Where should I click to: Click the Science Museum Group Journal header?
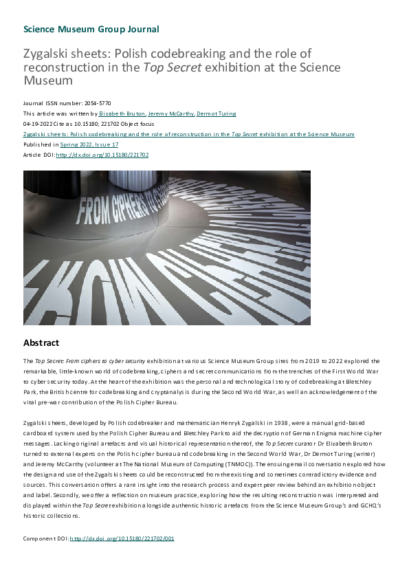click(91, 29)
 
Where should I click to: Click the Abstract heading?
click(41, 342)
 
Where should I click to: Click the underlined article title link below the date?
click(188, 134)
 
